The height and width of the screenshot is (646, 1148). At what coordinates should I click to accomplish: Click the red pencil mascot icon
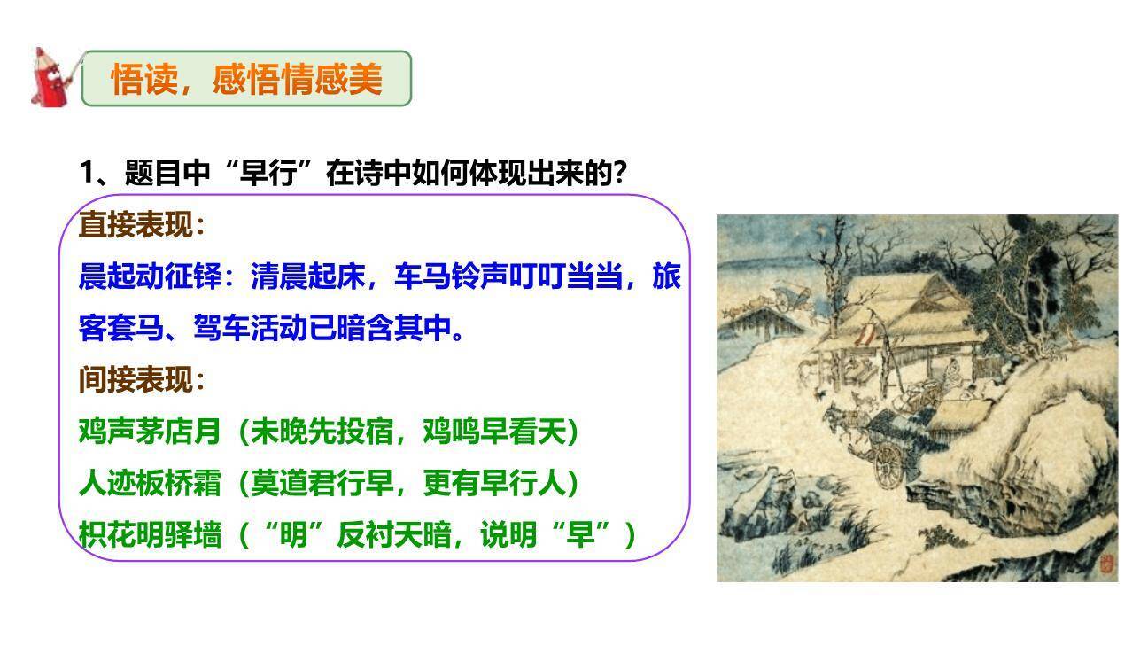click(x=52, y=78)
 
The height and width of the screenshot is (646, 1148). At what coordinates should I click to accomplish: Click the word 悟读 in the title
click(x=139, y=80)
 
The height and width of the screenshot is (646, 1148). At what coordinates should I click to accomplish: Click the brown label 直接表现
click(x=136, y=225)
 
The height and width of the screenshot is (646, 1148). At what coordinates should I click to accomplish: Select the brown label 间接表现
click(x=136, y=380)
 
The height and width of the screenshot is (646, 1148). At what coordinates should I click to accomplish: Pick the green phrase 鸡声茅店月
click(x=149, y=432)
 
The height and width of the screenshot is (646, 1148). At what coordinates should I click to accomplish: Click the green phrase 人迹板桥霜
click(x=149, y=484)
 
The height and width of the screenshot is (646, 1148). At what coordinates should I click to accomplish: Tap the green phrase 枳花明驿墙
click(x=149, y=535)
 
